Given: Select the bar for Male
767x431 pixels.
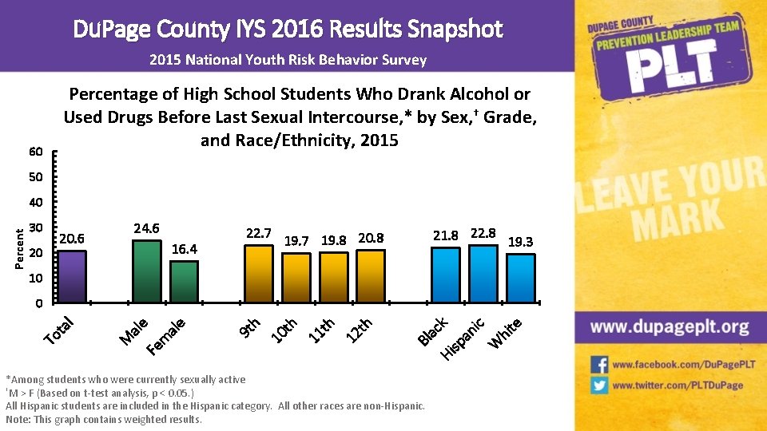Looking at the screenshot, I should click(147, 271).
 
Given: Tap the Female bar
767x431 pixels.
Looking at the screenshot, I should click(185, 281).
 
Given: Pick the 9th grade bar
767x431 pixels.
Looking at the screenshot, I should click(258, 273).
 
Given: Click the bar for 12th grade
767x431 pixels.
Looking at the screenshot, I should click(370, 275).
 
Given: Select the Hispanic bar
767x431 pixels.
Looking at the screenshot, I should click(483, 273).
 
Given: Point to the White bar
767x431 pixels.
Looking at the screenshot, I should click(521, 278).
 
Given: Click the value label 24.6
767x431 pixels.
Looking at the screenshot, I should click(147, 228).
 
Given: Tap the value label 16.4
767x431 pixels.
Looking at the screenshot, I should click(185, 249).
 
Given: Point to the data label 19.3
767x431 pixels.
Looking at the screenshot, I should click(521, 242).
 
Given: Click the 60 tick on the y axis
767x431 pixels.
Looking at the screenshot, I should click(35, 152).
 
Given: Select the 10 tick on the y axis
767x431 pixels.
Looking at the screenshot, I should click(35, 279).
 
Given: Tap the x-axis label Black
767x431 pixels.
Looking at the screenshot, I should click(433, 330).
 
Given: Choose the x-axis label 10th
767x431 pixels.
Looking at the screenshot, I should click(284, 332).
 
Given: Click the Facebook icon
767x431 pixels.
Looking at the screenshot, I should click(599, 365).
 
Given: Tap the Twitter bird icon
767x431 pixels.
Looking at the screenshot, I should click(599, 386).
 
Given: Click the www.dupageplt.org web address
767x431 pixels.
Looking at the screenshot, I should click(670, 327).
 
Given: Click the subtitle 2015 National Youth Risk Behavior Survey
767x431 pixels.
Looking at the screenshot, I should click(288, 60).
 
